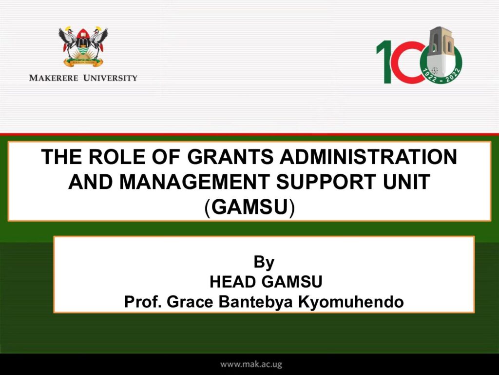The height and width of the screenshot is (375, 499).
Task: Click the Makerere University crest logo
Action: [83, 46]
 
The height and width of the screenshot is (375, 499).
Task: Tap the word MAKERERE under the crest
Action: [54, 78]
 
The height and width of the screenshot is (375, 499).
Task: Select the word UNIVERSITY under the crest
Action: [110, 78]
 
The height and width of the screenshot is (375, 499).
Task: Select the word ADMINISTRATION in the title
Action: [368, 157]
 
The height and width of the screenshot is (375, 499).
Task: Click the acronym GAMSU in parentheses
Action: [249, 207]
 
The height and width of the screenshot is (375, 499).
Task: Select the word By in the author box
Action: [264, 262]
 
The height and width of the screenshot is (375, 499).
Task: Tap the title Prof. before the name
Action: [143, 302]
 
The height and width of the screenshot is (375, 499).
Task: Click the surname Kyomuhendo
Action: [351, 302]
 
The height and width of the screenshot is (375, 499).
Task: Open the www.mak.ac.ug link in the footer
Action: [251, 364]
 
